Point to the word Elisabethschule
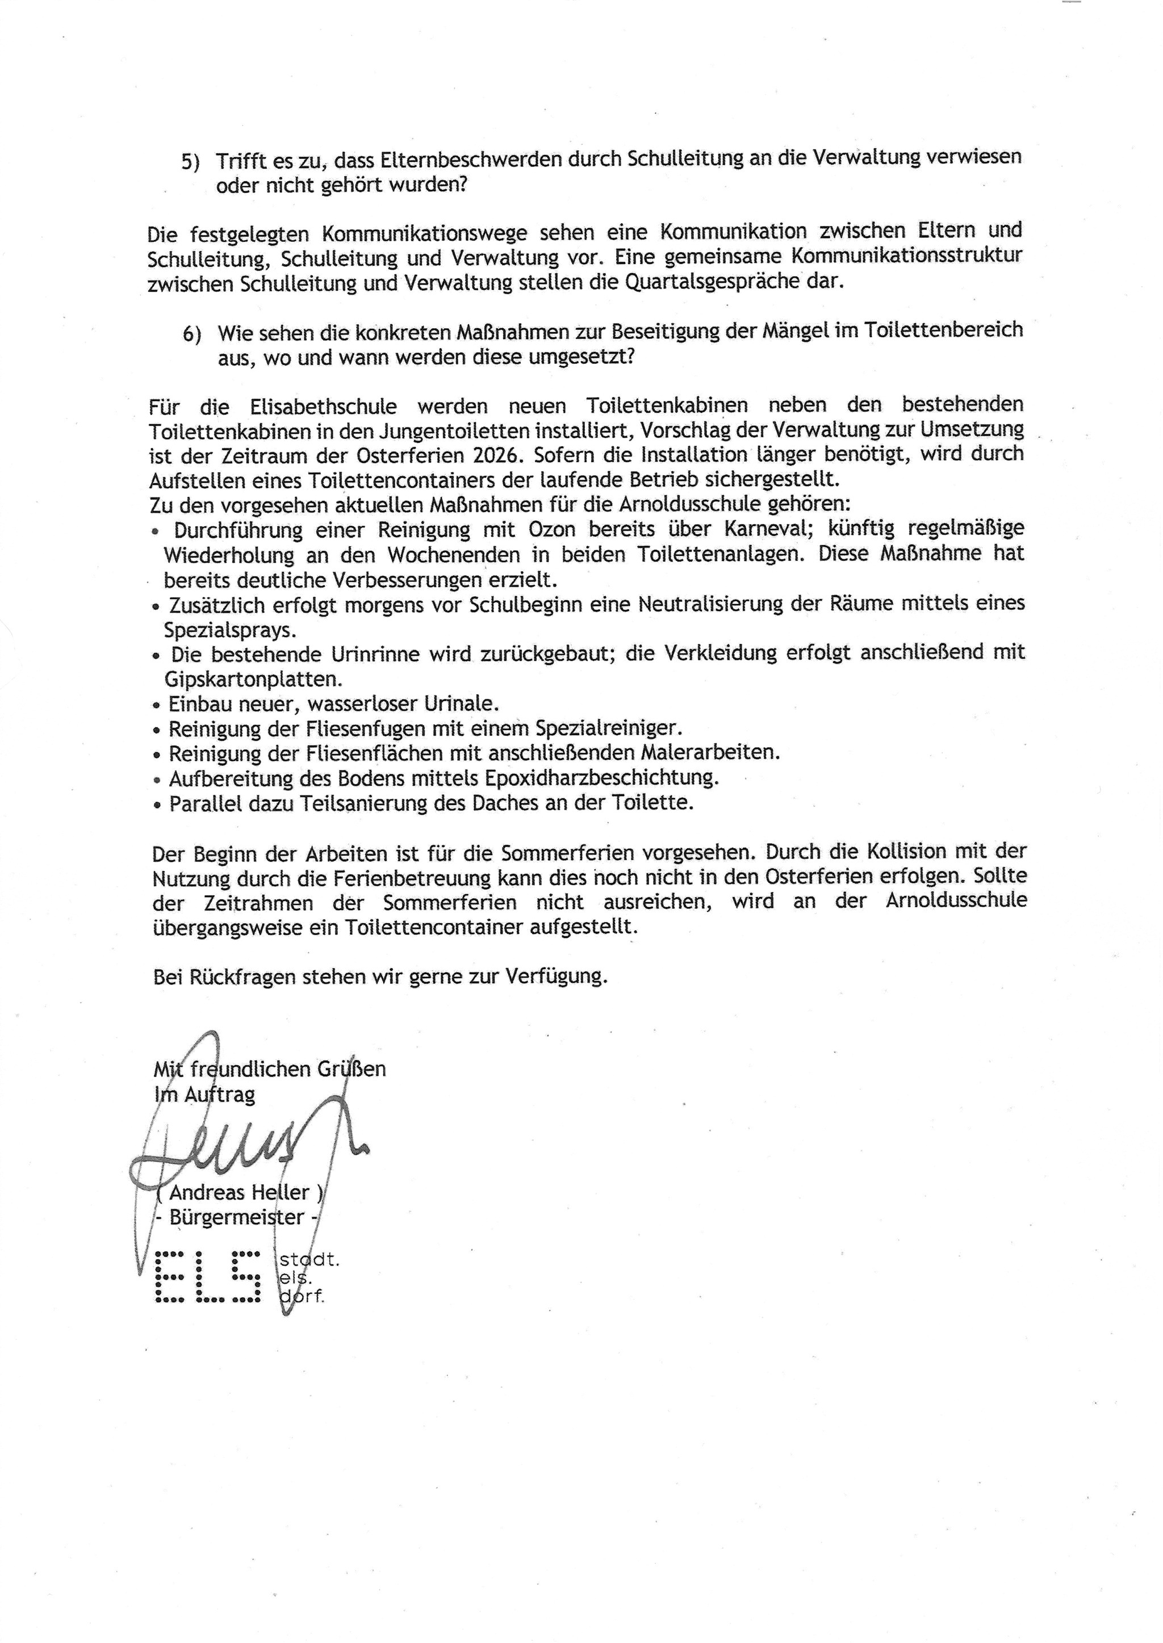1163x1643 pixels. pyautogui.click(x=324, y=406)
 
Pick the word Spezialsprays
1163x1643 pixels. pyautogui.click(x=220, y=631)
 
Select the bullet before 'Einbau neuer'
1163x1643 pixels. pyautogui.click(x=157, y=705)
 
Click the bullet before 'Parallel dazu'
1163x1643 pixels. pyautogui.click(x=157, y=804)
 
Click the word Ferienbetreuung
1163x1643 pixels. pyautogui.click(x=511, y=877)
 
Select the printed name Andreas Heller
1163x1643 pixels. pyautogui.click(x=239, y=1192)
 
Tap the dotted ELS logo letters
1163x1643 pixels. pyautogui.click(x=208, y=1276)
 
